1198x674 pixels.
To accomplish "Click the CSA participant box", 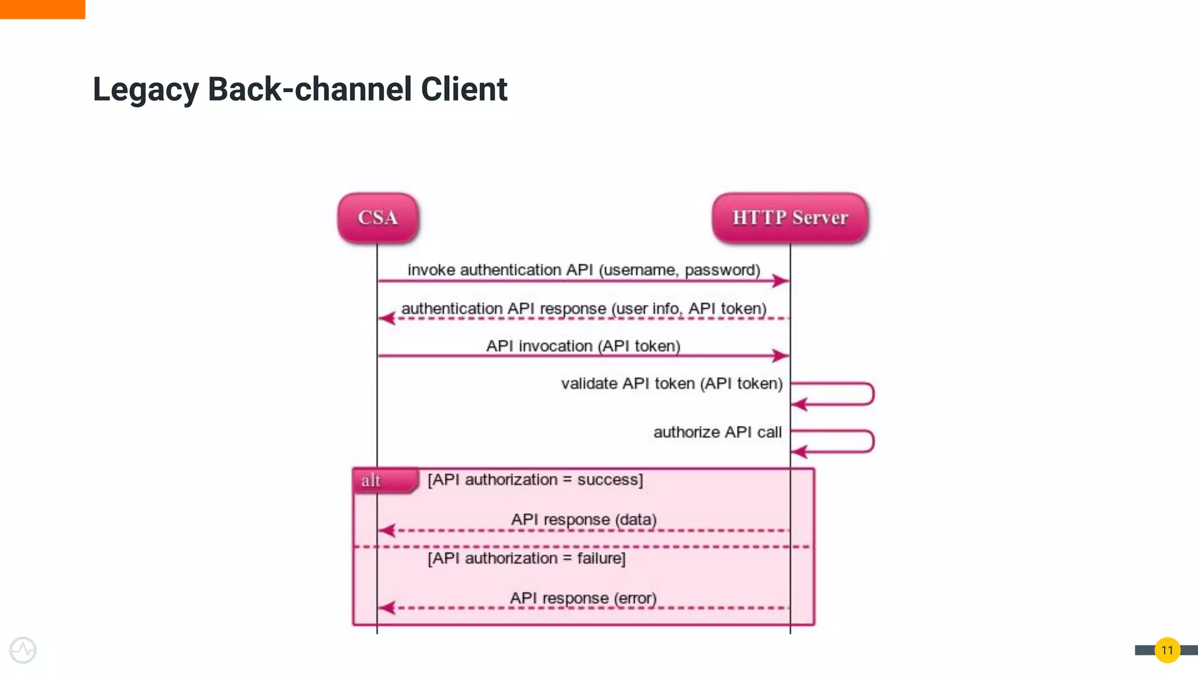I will (x=378, y=218).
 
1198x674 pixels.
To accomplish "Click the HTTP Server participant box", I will (x=790, y=218).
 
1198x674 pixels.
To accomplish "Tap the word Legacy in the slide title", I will (x=146, y=90).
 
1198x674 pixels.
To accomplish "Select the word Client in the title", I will (x=463, y=90).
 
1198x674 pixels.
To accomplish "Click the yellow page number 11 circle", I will (x=1167, y=650).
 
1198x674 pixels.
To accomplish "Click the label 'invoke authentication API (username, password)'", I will (x=584, y=270).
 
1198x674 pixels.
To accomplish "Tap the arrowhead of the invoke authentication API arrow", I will (x=780, y=281).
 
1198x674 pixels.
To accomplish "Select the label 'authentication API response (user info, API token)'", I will (x=584, y=308).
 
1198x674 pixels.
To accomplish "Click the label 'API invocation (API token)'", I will (x=583, y=346).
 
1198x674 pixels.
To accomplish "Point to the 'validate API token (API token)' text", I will (x=672, y=383).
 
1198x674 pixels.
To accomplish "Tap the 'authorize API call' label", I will (x=717, y=432).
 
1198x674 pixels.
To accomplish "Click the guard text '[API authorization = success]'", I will (x=535, y=480).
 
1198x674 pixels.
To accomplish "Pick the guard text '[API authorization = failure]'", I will (x=526, y=558).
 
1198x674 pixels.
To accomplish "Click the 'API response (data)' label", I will (x=584, y=520).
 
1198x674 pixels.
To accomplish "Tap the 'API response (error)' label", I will (x=583, y=598).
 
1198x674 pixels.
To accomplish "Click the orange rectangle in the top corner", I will (x=42, y=9).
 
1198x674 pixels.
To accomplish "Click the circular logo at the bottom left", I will (x=23, y=650).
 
